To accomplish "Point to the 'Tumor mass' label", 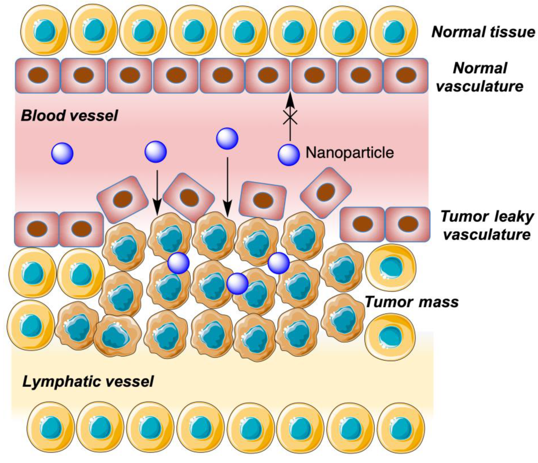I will click(x=412, y=302).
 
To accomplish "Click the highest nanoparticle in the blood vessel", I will click(x=227, y=139).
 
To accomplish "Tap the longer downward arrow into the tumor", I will click(x=227, y=187).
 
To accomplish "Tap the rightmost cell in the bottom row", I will click(x=401, y=427).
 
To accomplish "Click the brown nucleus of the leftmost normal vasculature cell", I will click(x=38, y=75).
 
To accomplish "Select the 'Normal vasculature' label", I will click(x=480, y=77).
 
